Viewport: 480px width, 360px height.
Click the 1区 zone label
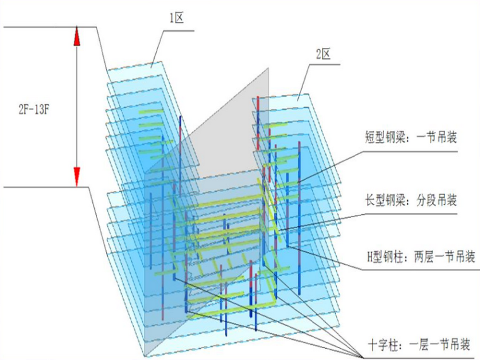tap(176, 18)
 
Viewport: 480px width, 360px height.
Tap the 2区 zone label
tap(323, 55)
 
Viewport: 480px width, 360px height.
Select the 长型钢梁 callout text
tap(386, 201)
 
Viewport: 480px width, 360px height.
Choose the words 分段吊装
tap(435, 201)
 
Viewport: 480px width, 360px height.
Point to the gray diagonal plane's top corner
tap(268, 68)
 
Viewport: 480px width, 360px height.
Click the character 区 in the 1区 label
tap(180, 18)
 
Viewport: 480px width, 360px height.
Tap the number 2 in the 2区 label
tap(318, 55)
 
